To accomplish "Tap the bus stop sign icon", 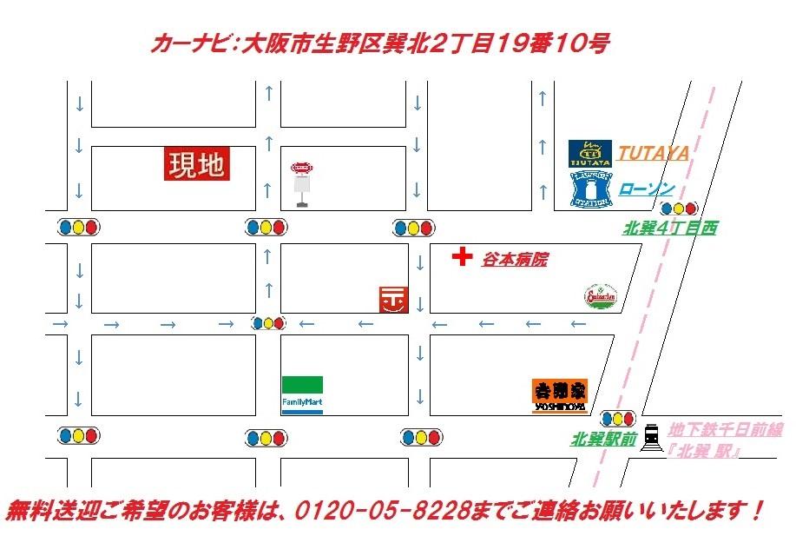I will pos(301,183).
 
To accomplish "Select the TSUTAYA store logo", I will pos(589,154).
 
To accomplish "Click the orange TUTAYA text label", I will pos(654,154).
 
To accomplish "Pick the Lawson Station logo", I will pos(589,189).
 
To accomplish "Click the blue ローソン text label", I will pos(647,189).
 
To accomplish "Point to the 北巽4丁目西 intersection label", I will pos(669,228).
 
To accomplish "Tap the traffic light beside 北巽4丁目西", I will pos(678,208).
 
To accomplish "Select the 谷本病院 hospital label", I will pos(516,259).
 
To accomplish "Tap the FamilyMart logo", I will pos(302,395).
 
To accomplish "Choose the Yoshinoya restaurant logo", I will pos(559,396).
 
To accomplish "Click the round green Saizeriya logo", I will pos(600,296).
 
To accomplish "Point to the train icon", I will pos(652,434).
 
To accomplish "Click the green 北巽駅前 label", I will pos(603,440).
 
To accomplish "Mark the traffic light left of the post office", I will pos(268,323).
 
